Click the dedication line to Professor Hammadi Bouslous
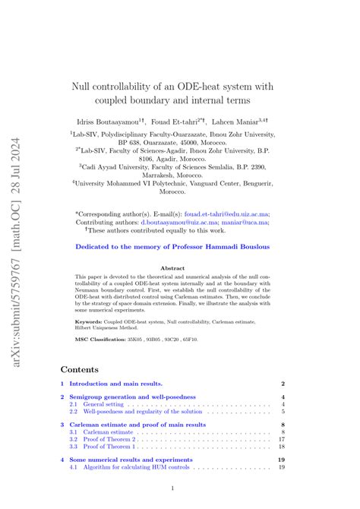pos(172,247)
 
